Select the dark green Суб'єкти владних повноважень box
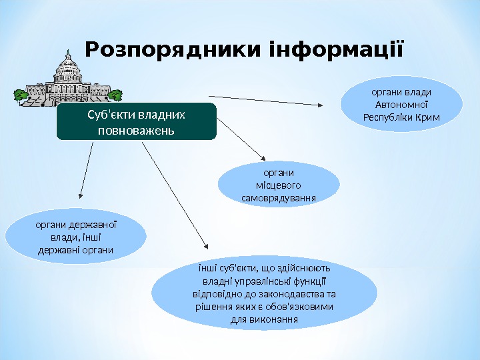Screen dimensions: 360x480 point(137,121)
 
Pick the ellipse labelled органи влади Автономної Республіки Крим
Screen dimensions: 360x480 point(401,104)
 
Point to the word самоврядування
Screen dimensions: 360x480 point(279,197)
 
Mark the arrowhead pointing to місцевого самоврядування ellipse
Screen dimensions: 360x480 point(265,156)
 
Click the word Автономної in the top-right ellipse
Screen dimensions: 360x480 point(401,105)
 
